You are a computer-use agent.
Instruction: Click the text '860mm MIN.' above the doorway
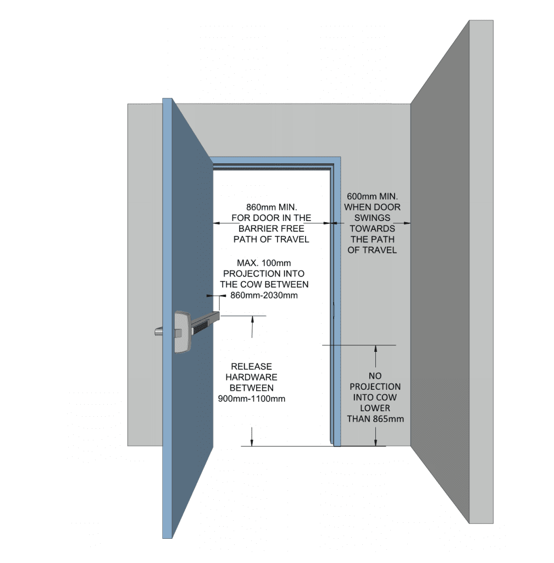click(271, 207)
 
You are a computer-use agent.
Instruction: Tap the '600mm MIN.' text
click(372, 196)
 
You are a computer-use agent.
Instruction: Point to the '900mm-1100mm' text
click(252, 399)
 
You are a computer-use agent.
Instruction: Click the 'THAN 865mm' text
click(375, 419)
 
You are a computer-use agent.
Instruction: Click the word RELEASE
click(251, 366)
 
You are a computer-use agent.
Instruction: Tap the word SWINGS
click(372, 218)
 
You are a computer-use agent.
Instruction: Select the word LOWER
click(375, 408)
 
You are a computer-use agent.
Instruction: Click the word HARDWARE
click(251, 377)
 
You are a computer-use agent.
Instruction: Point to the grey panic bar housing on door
click(182, 332)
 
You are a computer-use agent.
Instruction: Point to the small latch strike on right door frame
click(334, 312)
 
